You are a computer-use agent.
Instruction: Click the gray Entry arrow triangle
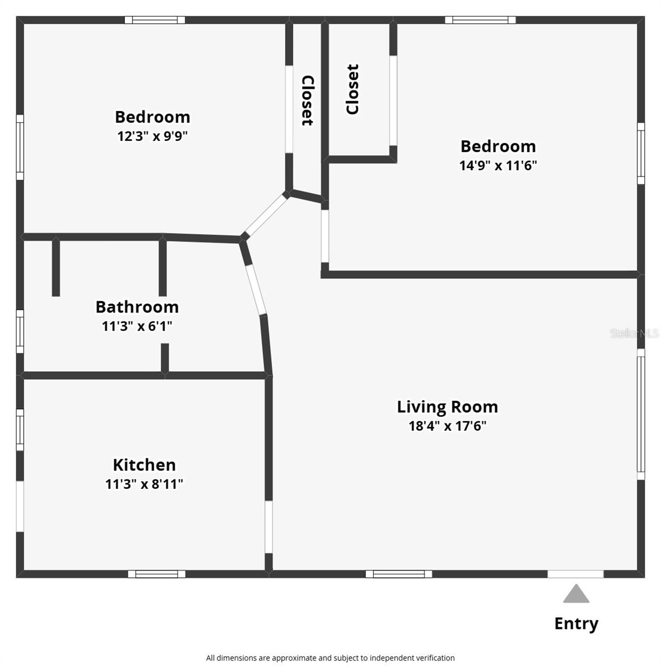576,594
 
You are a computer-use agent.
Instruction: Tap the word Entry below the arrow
576,624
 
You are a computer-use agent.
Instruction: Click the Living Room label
447,407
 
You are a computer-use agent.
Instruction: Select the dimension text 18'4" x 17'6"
447,426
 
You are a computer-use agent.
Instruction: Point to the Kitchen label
144,465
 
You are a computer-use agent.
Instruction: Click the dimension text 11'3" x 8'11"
144,485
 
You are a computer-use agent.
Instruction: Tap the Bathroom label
137,307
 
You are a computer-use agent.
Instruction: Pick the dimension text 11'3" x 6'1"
137,326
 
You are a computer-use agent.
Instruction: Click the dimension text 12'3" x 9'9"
152,137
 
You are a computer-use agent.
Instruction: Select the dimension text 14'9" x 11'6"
498,165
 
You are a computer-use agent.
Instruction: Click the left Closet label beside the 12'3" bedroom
307,100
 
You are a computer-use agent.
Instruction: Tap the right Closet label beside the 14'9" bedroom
353,89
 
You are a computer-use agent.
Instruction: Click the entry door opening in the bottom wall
576,574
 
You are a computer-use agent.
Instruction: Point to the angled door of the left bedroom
266,215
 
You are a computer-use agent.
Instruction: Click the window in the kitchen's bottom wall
156,574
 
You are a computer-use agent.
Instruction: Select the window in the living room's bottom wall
399,574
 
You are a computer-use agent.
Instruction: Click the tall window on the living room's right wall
640,414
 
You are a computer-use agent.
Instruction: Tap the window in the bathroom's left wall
20,331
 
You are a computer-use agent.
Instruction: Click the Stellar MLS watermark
634,333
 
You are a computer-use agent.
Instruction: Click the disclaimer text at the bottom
330,658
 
